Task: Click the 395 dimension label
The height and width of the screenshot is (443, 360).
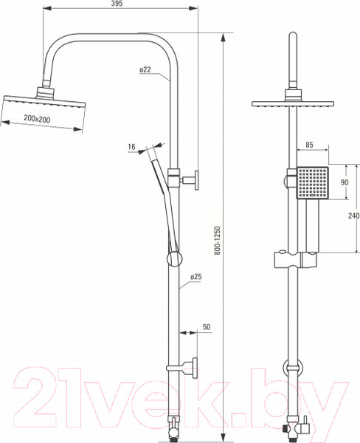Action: click(x=117, y=4)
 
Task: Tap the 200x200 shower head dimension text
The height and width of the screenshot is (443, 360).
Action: click(x=37, y=119)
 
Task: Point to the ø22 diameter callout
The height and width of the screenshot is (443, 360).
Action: click(x=145, y=69)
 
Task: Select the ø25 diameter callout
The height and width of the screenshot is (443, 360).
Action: click(x=196, y=277)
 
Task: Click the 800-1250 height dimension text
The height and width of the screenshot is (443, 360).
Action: click(x=217, y=241)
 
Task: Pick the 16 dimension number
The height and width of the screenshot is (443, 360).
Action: click(x=131, y=147)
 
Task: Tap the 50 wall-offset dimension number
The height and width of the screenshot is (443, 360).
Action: click(x=207, y=327)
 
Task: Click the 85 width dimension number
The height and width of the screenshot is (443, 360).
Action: click(x=309, y=145)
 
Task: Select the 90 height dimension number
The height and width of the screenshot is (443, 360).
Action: click(x=345, y=182)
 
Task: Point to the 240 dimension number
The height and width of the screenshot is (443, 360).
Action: click(x=354, y=216)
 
